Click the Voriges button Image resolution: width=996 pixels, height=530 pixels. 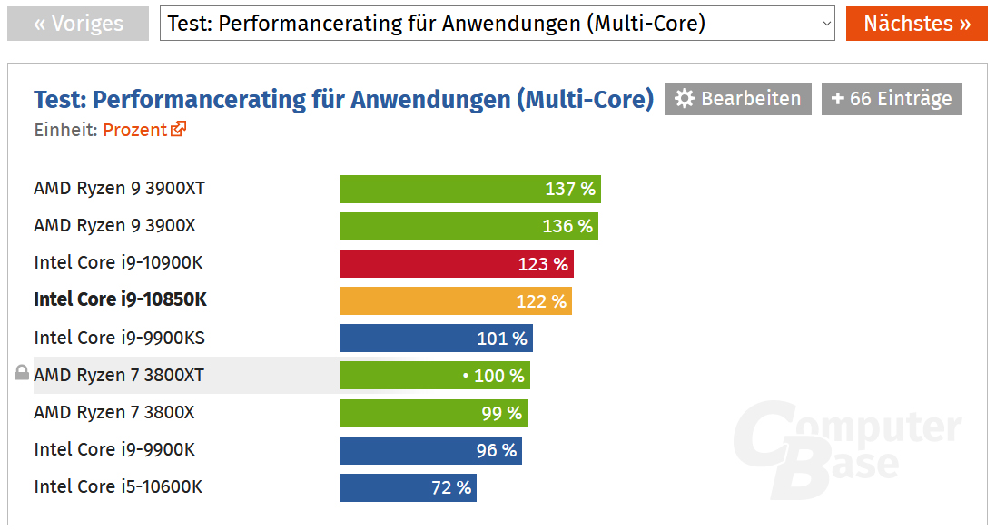point(77,24)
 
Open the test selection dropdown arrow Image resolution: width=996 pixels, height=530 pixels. point(826,25)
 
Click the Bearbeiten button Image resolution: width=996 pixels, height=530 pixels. point(738,99)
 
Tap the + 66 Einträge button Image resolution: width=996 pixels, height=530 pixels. point(892,99)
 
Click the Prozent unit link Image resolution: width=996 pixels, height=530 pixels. point(144,130)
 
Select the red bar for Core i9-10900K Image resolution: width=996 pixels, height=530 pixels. point(457,264)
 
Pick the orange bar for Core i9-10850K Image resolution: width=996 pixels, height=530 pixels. point(456,301)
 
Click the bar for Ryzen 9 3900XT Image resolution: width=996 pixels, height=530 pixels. point(470,189)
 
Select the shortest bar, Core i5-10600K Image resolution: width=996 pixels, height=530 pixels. point(408,487)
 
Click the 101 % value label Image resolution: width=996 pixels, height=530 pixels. point(502,339)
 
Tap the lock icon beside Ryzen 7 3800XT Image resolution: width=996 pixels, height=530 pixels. point(22,373)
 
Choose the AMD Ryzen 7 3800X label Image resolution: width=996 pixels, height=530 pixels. point(113,412)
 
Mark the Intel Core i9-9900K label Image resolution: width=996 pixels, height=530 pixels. point(114,449)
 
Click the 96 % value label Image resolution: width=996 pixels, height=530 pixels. point(496,450)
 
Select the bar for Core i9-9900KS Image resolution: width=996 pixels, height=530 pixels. point(436,339)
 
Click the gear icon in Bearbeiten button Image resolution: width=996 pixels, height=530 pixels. point(685,99)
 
